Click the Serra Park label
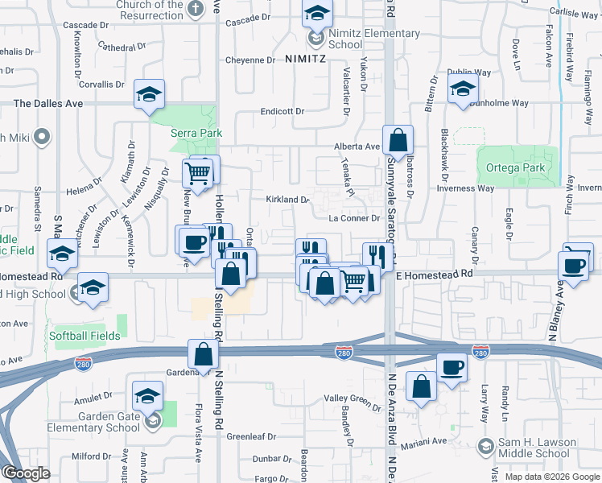click(x=196, y=134)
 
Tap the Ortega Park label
click(x=515, y=168)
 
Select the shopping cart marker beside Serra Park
click(x=198, y=172)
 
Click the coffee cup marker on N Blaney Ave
click(x=575, y=266)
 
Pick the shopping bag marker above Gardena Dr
click(x=203, y=355)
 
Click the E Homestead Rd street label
click(x=434, y=275)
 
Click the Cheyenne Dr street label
click(x=249, y=60)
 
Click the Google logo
click(x=26, y=473)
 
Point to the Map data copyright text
click(x=552, y=477)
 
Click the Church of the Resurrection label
click(x=150, y=10)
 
